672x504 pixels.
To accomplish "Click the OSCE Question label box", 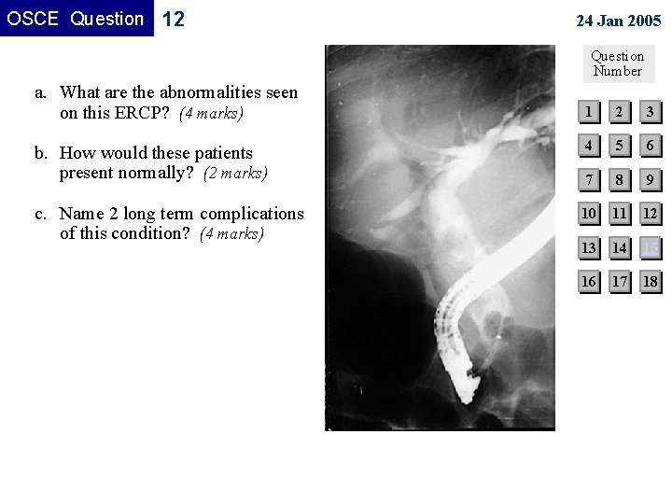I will [77, 19].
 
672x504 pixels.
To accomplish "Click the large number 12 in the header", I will [174, 20].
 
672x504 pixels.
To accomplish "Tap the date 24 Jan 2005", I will [618, 21].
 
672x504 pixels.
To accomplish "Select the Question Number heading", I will [617, 63].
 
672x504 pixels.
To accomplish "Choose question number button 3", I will [650, 113].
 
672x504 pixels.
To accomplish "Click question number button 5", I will [618, 147].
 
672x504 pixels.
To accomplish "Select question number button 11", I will [618, 214].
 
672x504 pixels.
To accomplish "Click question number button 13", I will [588, 247].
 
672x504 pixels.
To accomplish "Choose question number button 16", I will [588, 281].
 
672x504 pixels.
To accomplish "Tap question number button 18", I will [650, 281].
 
